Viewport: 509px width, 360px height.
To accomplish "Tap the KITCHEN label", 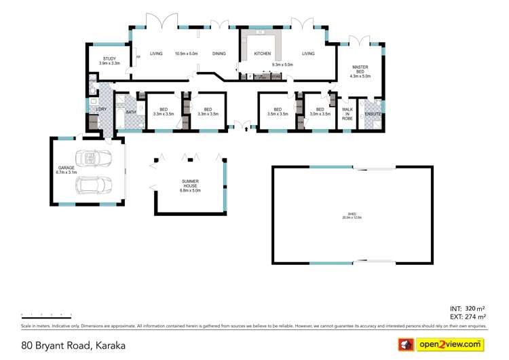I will click(263, 54).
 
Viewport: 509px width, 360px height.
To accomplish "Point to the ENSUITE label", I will click(373, 113).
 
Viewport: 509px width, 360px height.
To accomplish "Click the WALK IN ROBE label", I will click(347, 113).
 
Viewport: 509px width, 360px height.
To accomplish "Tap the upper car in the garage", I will click(92, 158).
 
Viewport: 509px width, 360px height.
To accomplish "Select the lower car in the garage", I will click(92, 185).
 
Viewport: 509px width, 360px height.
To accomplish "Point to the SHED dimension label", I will click(352, 217).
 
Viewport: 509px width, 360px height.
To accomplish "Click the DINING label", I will click(219, 54).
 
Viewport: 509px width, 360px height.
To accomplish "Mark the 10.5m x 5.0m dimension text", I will click(186, 54).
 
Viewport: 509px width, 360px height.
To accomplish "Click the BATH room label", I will click(131, 111).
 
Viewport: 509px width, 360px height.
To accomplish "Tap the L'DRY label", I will click(101, 109).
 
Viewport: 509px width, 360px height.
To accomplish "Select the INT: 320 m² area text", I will click(467, 308).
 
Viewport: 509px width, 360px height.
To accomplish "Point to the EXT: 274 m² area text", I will click(467, 317).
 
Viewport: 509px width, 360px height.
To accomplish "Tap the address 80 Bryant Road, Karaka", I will click(73, 345).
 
